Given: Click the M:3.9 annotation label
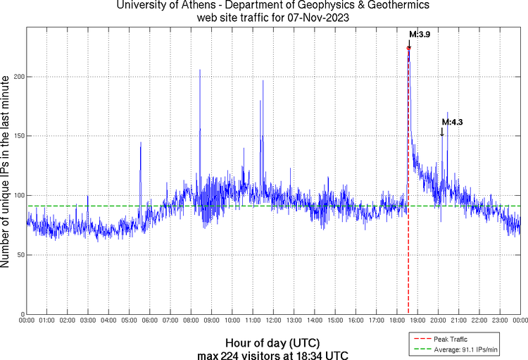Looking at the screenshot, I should [x=420, y=34].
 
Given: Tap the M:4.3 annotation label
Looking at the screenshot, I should [x=452, y=122].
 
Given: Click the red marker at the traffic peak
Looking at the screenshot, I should [x=408, y=49].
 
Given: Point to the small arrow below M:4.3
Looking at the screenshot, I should [x=442, y=132].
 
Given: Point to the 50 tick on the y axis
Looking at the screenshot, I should [x=19, y=255].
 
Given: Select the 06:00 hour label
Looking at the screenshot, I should [x=150, y=320].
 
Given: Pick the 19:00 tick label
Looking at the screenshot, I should [x=417, y=320].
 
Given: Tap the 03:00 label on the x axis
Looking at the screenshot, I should [x=88, y=320].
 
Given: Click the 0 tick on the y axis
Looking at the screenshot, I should [x=21, y=314].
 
